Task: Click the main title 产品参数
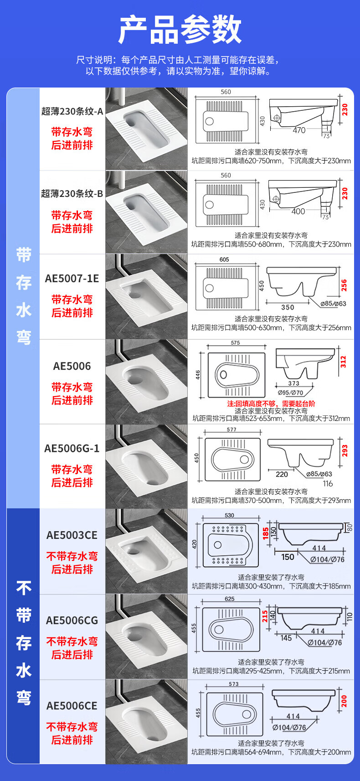pyautogui.click(x=180, y=30)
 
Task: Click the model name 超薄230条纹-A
pyautogui.click(x=72, y=111)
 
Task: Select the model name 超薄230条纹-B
pyautogui.click(x=72, y=194)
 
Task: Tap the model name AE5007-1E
pyautogui.click(x=72, y=279)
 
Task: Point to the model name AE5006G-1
pyautogui.click(x=72, y=449)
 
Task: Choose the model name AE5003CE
pyautogui.click(x=72, y=535)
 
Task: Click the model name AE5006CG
pyautogui.click(x=72, y=621)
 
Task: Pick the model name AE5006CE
pyautogui.click(x=72, y=706)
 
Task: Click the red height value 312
pyautogui.click(x=343, y=362)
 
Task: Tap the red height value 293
pyautogui.click(x=345, y=450)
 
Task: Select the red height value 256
pyautogui.click(x=344, y=285)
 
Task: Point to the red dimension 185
pyautogui.click(x=266, y=533)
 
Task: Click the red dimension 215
pyautogui.click(x=265, y=616)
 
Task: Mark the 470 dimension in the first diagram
pyautogui.click(x=299, y=130)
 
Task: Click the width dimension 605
pyautogui.click(x=224, y=259)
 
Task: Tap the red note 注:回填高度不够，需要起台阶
pyautogui.click(x=271, y=403)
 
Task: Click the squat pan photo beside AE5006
pyautogui.click(x=146, y=381)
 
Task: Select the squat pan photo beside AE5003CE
pyautogui.click(x=146, y=551)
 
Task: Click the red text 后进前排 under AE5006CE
pyautogui.click(x=72, y=740)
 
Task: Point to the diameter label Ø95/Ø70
pyautogui.click(x=290, y=392)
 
